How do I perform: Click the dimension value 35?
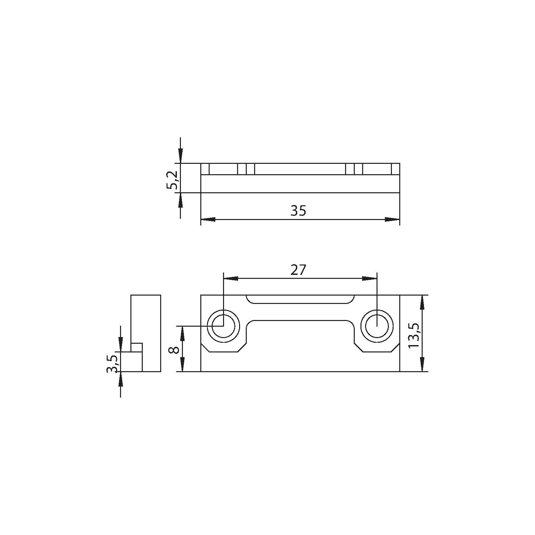(298, 211)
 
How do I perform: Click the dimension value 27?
(298, 270)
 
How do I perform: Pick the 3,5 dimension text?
(112, 363)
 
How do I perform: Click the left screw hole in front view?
(223, 326)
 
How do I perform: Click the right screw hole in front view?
(377, 326)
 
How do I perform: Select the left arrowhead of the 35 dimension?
(208, 220)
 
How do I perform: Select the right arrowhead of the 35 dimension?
(392, 220)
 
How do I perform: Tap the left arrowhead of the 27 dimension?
(231, 279)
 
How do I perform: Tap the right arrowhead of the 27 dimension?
(369, 279)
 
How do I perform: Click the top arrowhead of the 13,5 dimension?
(422, 302)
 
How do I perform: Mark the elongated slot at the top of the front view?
(300, 299)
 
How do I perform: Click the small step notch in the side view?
(136, 347)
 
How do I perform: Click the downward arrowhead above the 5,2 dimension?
(181, 156)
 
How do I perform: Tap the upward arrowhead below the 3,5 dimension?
(120, 379)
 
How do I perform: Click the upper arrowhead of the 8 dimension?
(183, 333)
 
